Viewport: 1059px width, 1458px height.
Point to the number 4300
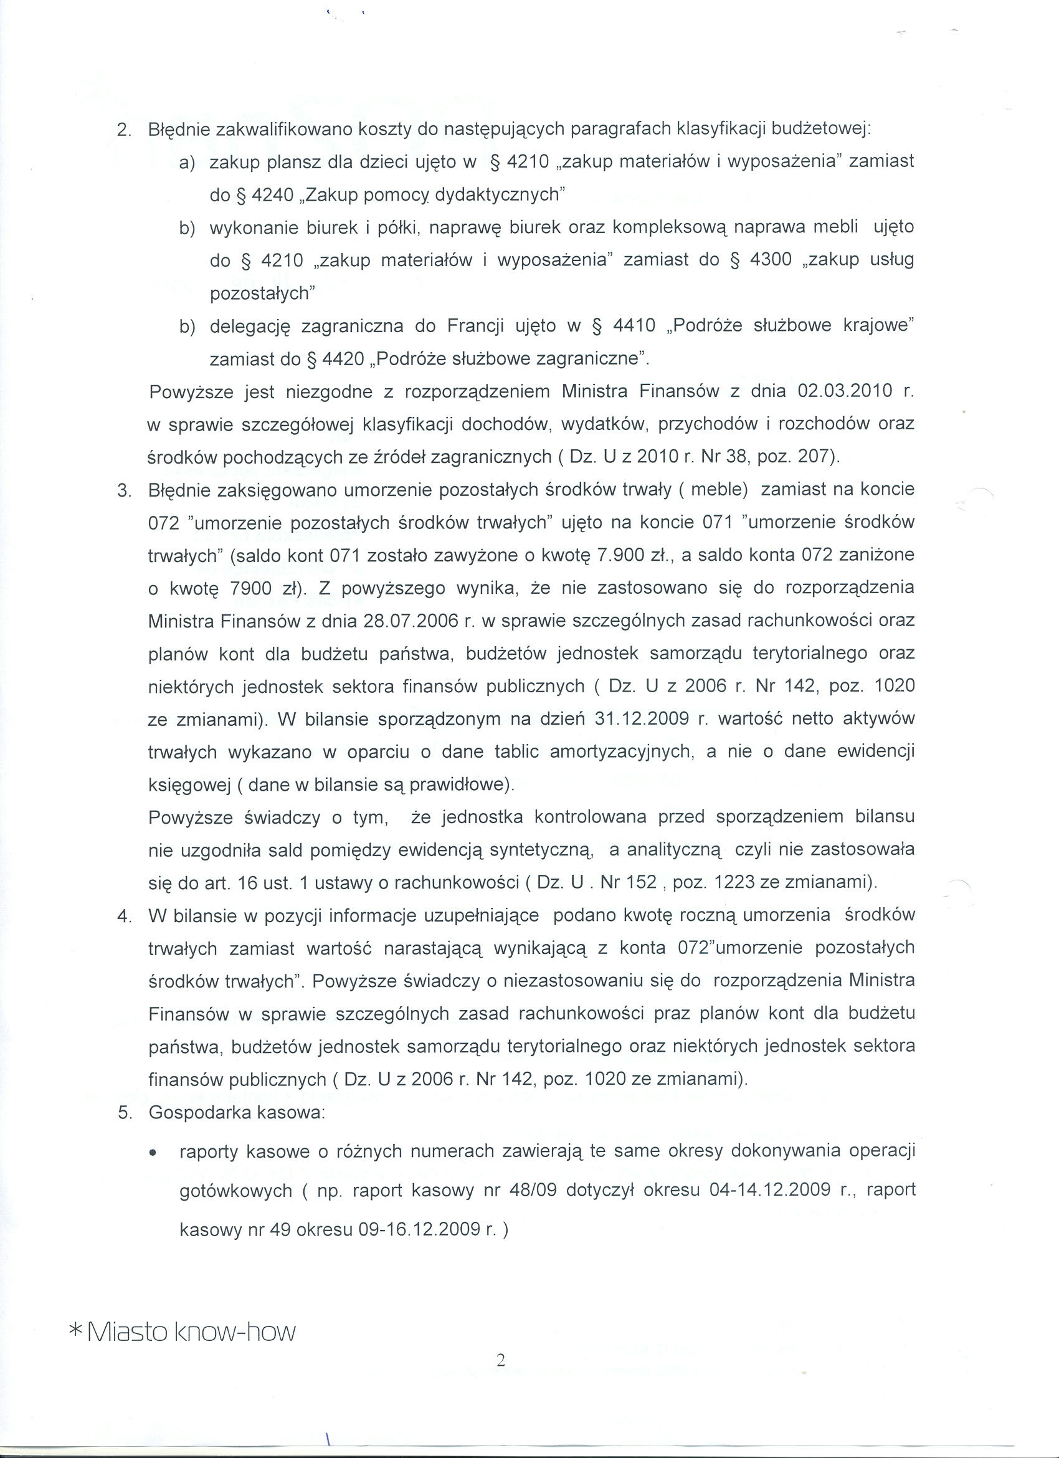click(771, 260)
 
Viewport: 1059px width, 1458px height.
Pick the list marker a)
click(187, 162)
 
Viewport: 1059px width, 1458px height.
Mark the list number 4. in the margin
click(125, 915)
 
